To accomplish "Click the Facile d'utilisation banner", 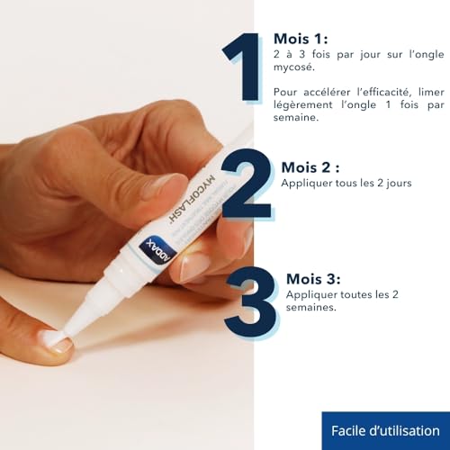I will [x=385, y=430].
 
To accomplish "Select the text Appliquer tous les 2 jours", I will [x=346, y=183].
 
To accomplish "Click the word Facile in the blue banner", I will [x=351, y=430].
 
